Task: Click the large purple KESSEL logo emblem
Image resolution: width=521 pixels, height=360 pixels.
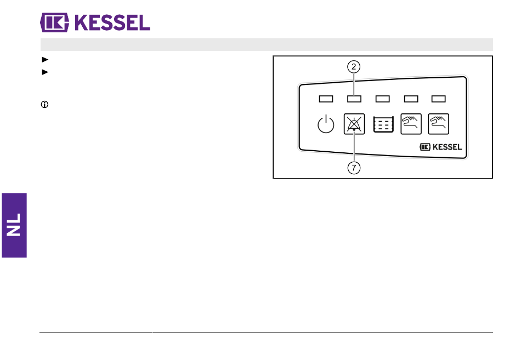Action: pyautogui.click(x=54, y=22)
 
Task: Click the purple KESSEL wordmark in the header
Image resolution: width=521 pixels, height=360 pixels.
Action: pyautogui.click(x=112, y=22)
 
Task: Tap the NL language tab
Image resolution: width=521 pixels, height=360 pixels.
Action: pyautogui.click(x=14, y=225)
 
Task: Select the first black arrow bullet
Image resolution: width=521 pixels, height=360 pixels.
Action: pyautogui.click(x=45, y=59)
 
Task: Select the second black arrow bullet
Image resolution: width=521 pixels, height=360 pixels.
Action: pyautogui.click(x=45, y=72)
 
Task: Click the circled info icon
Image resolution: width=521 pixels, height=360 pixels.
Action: pyautogui.click(x=44, y=105)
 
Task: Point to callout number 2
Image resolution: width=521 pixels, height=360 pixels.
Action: pyautogui.click(x=354, y=67)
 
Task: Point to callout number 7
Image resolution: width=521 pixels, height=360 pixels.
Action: pyautogui.click(x=354, y=168)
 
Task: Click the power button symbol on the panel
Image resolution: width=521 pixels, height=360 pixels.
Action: pyautogui.click(x=326, y=124)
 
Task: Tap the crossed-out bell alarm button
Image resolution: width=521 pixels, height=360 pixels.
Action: pyautogui.click(x=354, y=124)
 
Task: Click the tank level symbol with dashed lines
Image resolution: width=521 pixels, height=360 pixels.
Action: pyautogui.click(x=383, y=124)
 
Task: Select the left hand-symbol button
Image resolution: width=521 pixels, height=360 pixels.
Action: pyautogui.click(x=411, y=124)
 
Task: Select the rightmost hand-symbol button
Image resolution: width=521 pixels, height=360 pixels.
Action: pyautogui.click(x=439, y=124)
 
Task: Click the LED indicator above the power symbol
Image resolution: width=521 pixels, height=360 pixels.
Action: pyautogui.click(x=326, y=99)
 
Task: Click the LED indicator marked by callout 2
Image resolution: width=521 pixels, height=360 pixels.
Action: pyautogui.click(x=354, y=99)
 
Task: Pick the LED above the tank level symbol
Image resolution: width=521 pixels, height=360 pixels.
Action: pyautogui.click(x=382, y=99)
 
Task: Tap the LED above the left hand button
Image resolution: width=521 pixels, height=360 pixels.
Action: pyautogui.click(x=411, y=99)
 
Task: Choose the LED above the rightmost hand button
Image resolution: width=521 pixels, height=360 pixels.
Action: pyautogui.click(x=439, y=99)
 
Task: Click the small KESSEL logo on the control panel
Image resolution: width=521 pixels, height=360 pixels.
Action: pyautogui.click(x=440, y=147)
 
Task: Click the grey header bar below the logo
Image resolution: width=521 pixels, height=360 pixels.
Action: pyautogui.click(x=267, y=44)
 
